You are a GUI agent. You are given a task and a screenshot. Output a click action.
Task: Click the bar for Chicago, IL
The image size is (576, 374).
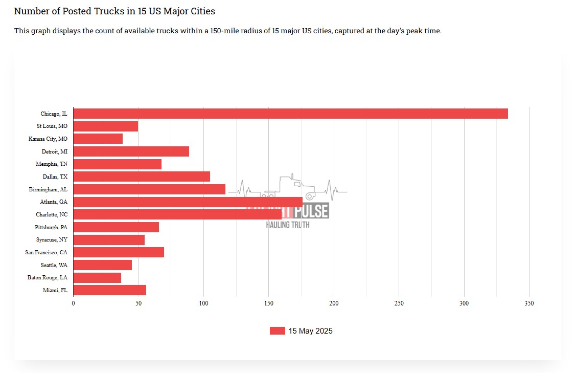(x=290, y=114)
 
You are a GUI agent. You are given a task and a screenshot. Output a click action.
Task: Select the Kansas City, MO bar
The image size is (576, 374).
(x=98, y=139)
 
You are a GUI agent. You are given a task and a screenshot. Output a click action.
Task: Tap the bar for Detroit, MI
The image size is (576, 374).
(x=131, y=151)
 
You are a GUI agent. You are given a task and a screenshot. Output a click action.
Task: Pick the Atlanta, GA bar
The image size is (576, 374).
(x=188, y=202)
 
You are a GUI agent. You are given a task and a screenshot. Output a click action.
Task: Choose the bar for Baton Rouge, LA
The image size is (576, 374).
(x=97, y=278)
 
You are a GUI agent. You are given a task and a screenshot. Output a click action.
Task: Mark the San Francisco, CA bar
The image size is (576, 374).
(x=119, y=252)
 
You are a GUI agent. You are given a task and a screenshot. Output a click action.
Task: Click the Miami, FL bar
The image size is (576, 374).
(x=110, y=290)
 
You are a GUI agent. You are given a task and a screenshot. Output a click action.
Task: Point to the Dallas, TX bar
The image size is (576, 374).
(x=142, y=177)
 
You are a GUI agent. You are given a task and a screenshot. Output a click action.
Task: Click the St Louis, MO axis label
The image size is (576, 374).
(x=52, y=126)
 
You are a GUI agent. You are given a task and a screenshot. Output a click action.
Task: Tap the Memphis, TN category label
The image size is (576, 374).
(x=52, y=164)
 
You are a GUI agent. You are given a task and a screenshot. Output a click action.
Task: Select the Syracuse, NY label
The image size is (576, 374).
(x=52, y=239)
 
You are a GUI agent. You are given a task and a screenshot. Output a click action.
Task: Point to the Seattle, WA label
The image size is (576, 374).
(x=54, y=265)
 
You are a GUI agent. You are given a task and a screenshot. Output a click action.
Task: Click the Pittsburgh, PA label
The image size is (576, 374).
(x=51, y=227)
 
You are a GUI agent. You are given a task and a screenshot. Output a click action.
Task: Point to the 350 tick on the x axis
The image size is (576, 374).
(x=529, y=303)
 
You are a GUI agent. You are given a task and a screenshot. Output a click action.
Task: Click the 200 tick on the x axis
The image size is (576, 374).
(x=334, y=303)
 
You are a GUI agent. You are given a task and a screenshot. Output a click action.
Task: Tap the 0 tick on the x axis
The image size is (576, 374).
(x=74, y=303)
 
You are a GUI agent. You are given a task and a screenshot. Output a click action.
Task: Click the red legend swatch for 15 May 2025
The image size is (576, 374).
(x=277, y=331)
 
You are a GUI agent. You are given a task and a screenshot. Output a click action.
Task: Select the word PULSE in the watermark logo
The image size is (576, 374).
(x=311, y=211)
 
